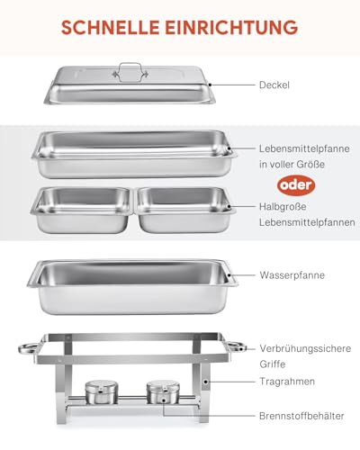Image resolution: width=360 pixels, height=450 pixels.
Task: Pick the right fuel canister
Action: click(x=161, y=391)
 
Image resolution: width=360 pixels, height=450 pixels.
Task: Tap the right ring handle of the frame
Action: click(x=237, y=347)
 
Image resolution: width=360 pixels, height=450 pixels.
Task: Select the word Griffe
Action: click(x=274, y=363)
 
